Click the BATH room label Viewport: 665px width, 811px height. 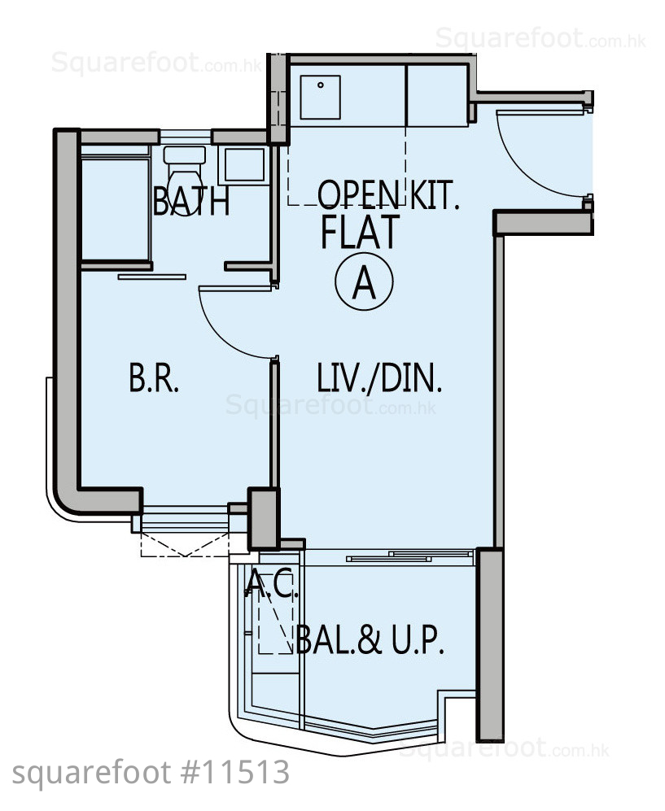point(191,201)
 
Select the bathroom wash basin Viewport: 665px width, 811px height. point(244,165)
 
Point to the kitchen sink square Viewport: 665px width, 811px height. point(320,98)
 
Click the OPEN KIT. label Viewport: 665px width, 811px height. point(388,194)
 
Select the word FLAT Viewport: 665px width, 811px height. point(361,232)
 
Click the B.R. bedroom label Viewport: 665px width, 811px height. point(154,377)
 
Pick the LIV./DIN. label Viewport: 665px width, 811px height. point(379,377)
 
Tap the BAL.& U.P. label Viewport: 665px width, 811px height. point(370,640)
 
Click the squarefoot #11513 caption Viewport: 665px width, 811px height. point(151,773)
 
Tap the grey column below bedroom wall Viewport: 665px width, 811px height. point(264,518)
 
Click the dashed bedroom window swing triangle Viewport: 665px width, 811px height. point(185,545)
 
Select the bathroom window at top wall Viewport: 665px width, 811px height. point(185,137)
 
